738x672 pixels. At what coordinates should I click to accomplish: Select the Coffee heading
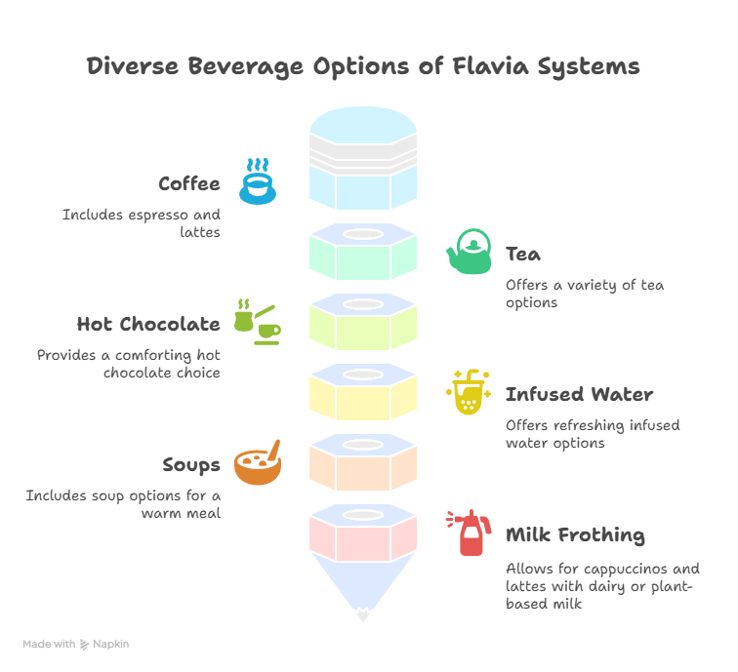pyautogui.click(x=189, y=183)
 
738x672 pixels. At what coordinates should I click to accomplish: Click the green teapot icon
pyautogui.click(x=470, y=253)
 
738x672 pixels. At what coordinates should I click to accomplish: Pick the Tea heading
pyautogui.click(x=523, y=255)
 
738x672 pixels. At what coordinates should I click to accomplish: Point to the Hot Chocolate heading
pyautogui.click(x=148, y=324)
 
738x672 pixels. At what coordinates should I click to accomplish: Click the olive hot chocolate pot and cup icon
pyautogui.click(x=257, y=322)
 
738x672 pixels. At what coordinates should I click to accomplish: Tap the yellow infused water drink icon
pyautogui.click(x=468, y=392)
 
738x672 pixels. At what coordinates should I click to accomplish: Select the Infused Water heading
pyautogui.click(x=579, y=395)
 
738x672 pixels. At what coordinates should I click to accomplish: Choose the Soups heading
pyautogui.click(x=191, y=465)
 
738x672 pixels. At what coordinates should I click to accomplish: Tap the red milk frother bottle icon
pyautogui.click(x=469, y=534)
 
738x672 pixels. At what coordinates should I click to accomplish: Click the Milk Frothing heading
pyautogui.click(x=575, y=535)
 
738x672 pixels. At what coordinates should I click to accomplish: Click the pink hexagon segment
pyautogui.click(x=363, y=538)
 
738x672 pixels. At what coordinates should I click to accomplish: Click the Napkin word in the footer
pyautogui.click(x=110, y=644)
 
